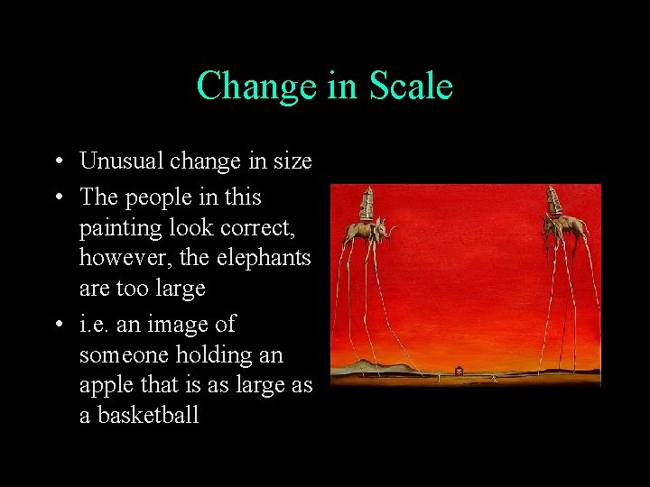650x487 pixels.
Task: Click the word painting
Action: tap(120, 228)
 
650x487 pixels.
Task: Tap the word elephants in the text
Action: tap(264, 258)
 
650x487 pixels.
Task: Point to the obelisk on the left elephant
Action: tap(366, 203)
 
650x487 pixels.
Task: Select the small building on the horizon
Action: tap(460, 370)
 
